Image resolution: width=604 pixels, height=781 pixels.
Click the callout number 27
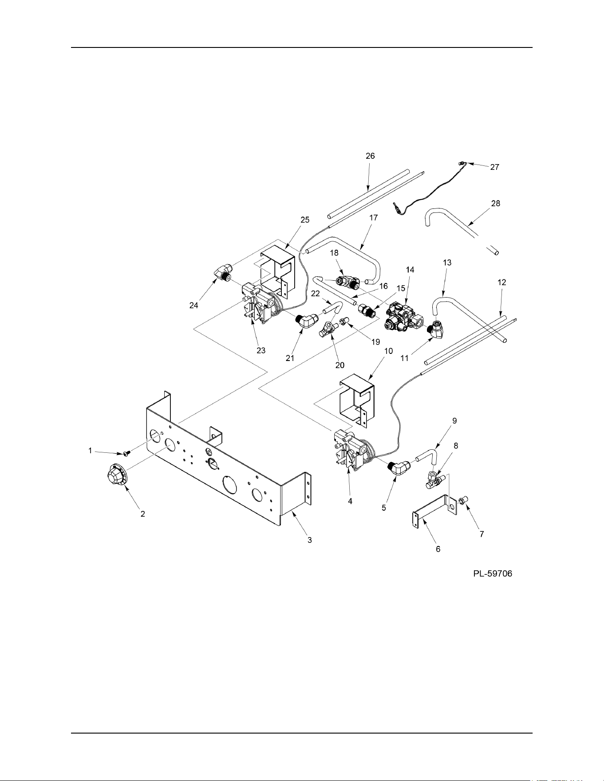point(494,167)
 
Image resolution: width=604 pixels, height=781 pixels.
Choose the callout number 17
point(373,218)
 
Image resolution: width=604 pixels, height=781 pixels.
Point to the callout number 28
point(495,204)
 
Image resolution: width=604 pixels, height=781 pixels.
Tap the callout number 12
point(501,282)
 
